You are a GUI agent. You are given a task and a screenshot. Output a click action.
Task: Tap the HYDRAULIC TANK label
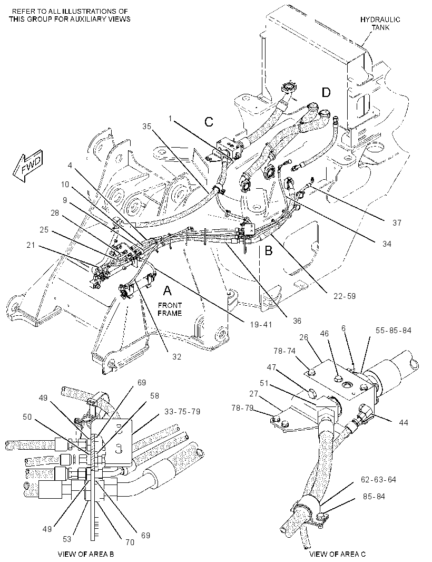pyautogui.click(x=380, y=23)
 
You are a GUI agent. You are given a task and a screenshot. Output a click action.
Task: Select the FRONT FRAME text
pyautogui.click(x=170, y=309)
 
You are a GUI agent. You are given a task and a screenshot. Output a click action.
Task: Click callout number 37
pyautogui.click(x=397, y=223)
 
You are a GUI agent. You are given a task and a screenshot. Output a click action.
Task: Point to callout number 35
pyautogui.click(x=147, y=126)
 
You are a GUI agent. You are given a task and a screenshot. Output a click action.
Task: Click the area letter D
pyautogui.click(x=326, y=92)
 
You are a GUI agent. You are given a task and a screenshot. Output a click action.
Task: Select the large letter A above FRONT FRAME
pyautogui.click(x=168, y=290)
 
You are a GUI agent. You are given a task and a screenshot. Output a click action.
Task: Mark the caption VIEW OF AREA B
pyautogui.click(x=86, y=554)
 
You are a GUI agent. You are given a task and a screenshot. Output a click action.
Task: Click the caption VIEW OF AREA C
pyautogui.click(x=337, y=554)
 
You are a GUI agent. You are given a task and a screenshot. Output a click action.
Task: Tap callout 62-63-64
pyautogui.click(x=378, y=480)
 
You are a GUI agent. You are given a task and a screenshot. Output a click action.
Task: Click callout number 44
pyautogui.click(x=404, y=423)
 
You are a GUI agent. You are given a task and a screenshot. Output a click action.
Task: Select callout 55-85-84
pyautogui.click(x=394, y=330)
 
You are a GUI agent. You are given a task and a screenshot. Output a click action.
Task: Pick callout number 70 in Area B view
pyautogui.click(x=130, y=542)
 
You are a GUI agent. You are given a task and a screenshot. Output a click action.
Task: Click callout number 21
pyautogui.click(x=31, y=245)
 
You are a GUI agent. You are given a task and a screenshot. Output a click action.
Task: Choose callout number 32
pyautogui.click(x=176, y=356)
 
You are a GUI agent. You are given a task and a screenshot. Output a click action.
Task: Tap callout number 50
pyautogui.click(x=27, y=417)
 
